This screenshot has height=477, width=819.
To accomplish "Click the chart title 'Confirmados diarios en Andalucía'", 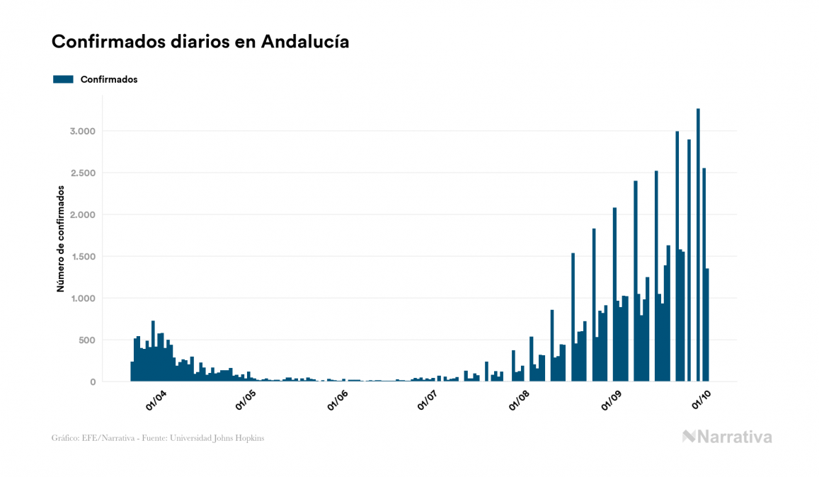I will coord(200,42).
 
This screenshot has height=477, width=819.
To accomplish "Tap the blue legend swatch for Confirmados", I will coord(63,79).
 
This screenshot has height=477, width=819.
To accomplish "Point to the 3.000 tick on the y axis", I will coord(83,132).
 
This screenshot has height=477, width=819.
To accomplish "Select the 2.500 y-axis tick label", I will coord(83,173).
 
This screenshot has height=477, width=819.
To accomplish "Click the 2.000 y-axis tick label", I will coord(83,215).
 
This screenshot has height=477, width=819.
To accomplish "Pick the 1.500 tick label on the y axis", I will coord(83,257).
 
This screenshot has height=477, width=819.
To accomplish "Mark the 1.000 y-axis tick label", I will coord(83,299).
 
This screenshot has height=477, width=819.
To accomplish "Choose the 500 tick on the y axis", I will coord(87,340).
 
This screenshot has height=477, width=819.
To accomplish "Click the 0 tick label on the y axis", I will coord(93,382).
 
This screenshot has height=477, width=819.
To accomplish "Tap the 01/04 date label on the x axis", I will coord(156,400).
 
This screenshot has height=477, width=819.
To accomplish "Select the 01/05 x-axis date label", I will coord(246,400).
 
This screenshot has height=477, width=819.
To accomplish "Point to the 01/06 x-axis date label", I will coord(338,400).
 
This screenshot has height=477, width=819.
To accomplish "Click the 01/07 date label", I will coord(428,400).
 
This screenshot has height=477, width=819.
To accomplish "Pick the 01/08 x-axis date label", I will coord(519,400).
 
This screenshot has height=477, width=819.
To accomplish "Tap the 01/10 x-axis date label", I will coord(701,400).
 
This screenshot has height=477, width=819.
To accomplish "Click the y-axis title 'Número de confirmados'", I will coord(61,239).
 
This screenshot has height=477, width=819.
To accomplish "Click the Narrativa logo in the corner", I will coord(727,437).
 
